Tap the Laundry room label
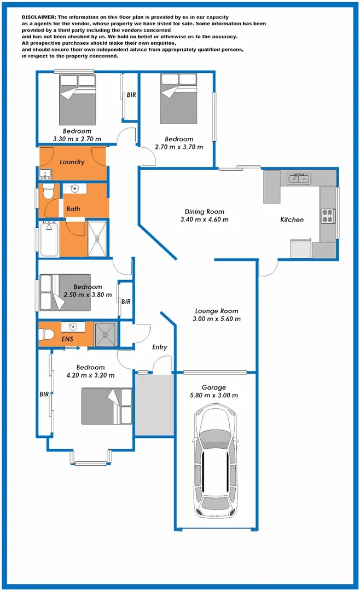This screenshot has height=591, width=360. pyautogui.click(x=72, y=162)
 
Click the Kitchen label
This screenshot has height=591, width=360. pyautogui.click(x=292, y=219)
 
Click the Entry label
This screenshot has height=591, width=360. pyautogui.click(x=160, y=347)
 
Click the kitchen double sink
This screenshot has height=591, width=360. pyautogui.click(x=299, y=179)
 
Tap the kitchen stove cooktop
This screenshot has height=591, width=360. pyautogui.click(x=328, y=216)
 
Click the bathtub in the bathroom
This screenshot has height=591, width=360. pyautogui.click(x=49, y=239)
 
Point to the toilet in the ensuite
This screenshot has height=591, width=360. pyautogui.click(x=47, y=333)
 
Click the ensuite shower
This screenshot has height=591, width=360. pyautogui.click(x=106, y=334)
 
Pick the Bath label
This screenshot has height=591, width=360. pyautogui.click(x=73, y=209)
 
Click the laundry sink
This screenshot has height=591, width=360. pyautogui.click(x=45, y=175)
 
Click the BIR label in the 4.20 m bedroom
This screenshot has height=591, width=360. pyautogui.click(x=44, y=393)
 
